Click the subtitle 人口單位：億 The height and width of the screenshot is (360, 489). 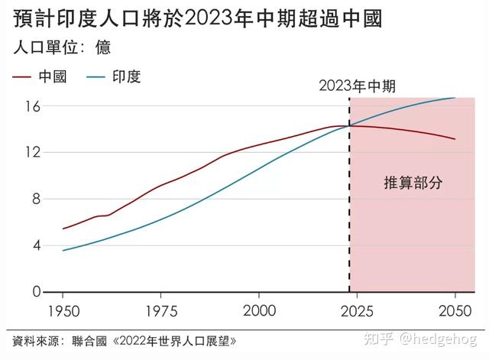coord(62,47)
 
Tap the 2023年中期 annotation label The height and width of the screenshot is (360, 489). coord(357,86)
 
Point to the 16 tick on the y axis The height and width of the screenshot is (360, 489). coord(33,105)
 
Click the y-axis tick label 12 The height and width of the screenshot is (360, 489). coord(33,152)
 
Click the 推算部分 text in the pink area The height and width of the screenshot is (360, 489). coord(413,183)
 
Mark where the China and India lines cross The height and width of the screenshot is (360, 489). coord(349,125)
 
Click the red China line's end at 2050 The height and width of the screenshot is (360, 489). coord(455,139)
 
